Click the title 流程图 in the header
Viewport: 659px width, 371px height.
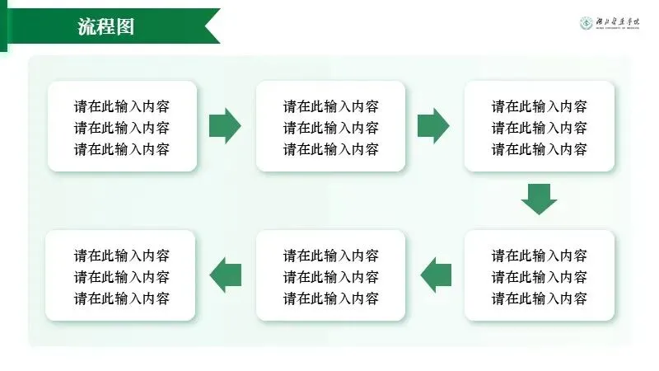click(106, 26)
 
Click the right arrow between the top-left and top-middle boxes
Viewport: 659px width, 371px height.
click(225, 126)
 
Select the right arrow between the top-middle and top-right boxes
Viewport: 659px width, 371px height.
click(433, 126)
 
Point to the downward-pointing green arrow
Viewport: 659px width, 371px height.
click(540, 199)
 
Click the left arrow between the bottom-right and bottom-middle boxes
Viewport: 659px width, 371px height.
click(436, 275)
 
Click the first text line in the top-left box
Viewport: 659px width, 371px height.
click(122, 106)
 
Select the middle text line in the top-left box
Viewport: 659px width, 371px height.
click(122, 128)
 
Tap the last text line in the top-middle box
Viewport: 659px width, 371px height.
click(331, 149)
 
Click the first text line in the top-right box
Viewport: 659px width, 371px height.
click(540, 106)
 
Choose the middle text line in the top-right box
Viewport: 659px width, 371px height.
click(540, 128)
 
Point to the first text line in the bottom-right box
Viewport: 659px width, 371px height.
click(540, 255)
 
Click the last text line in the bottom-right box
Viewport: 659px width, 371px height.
click(540, 298)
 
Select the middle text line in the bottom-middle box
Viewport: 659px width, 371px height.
click(331, 276)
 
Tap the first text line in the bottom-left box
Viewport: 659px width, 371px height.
click(122, 255)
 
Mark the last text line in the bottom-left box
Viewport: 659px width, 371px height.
click(122, 298)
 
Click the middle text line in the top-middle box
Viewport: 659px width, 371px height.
click(331, 128)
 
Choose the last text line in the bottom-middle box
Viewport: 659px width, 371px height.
click(331, 298)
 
